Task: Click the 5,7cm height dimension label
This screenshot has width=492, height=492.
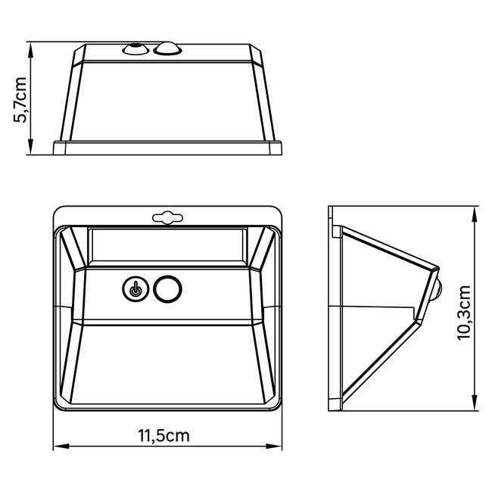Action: (20, 99)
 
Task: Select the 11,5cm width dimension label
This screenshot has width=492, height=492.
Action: (163, 435)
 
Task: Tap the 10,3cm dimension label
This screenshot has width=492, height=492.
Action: (464, 313)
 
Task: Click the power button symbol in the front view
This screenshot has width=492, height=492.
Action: (135, 289)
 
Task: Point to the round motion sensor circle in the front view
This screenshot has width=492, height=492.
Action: (167, 289)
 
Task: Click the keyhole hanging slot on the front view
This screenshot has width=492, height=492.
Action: (167, 217)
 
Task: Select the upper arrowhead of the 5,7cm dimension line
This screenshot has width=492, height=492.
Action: (30, 50)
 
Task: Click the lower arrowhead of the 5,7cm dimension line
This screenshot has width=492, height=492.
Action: (30, 147)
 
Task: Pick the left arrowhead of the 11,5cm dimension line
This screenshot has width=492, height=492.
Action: (61, 446)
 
